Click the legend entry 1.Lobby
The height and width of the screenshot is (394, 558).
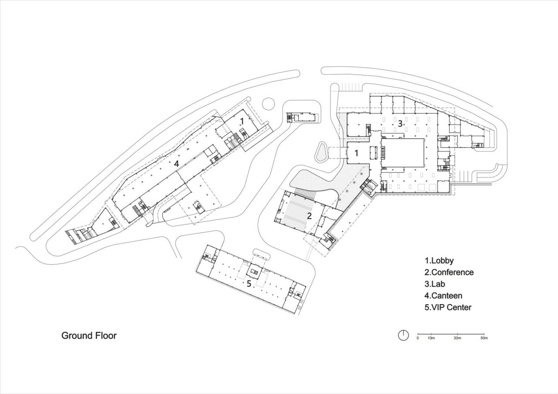pyautogui.click(x=439, y=261)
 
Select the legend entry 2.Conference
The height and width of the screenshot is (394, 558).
pyautogui.click(x=449, y=272)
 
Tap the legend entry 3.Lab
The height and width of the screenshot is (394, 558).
pyautogui.click(x=435, y=284)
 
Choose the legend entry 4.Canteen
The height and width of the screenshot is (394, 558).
pyautogui.click(x=444, y=295)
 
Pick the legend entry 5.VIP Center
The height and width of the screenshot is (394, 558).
pyautogui.click(x=448, y=307)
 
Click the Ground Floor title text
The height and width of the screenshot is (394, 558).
pyautogui.click(x=89, y=336)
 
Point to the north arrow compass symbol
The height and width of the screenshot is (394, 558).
pyautogui.click(x=403, y=335)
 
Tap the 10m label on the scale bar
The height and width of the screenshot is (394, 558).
pyautogui.click(x=431, y=338)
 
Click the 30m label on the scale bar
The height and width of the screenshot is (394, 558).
pyautogui.click(x=457, y=338)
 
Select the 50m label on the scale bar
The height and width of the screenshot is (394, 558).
pyautogui.click(x=484, y=338)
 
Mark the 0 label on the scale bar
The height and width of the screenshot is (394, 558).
pyautogui.click(x=418, y=338)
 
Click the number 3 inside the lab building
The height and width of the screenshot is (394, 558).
pyautogui.click(x=400, y=123)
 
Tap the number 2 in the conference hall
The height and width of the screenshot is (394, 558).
pyautogui.click(x=310, y=215)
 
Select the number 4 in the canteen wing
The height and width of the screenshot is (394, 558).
pyautogui.click(x=176, y=164)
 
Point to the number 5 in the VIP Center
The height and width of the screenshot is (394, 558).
pyautogui.click(x=249, y=284)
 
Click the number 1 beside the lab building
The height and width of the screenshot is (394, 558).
pyautogui.click(x=357, y=153)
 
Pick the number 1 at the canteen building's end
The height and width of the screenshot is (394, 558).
pyautogui.click(x=242, y=120)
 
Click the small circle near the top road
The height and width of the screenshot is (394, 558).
pyautogui.click(x=268, y=104)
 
